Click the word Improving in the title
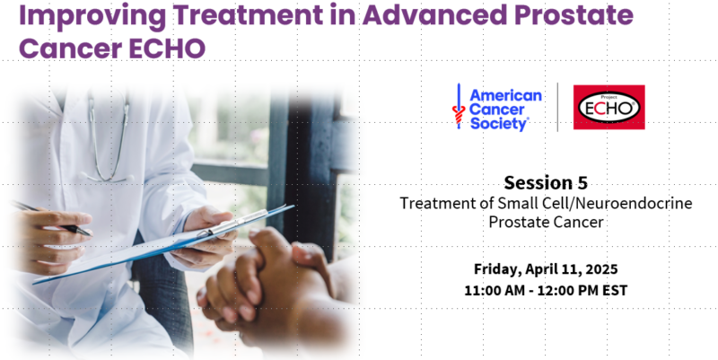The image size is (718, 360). coord(92,16)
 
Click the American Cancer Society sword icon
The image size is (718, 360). coord(459,107)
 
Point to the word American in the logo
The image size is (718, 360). coord(505,96)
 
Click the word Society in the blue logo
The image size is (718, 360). coord(499,124)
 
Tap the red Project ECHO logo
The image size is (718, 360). coord(609,107)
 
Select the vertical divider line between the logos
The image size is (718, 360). coord(557,107)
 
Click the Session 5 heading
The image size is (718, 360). coord(546,183)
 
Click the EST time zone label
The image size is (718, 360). coord(616,290)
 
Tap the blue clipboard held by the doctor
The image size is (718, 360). coord(165,245)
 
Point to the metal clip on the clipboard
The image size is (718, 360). coord(233,221)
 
